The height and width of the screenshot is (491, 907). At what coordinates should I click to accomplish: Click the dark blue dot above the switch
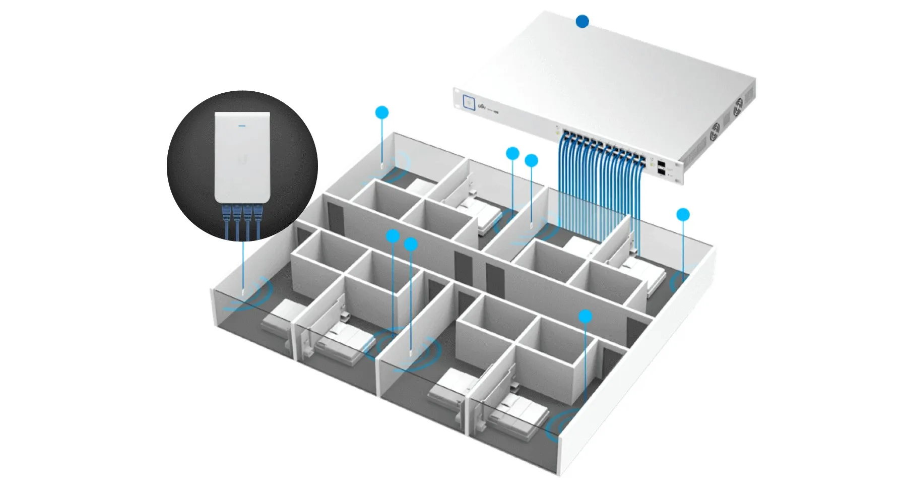tap(582, 21)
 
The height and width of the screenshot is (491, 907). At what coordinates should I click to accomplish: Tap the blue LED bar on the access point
tap(241, 121)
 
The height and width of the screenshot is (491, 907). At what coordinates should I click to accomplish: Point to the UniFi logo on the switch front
tap(482, 106)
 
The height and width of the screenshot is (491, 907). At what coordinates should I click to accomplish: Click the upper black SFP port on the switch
tap(661, 164)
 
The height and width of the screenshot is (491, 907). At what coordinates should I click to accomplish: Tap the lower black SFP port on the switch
tap(661, 171)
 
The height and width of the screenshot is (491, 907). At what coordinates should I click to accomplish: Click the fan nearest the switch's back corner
tap(738, 106)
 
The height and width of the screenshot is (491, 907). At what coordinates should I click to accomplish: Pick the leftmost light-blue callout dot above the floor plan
tap(382, 112)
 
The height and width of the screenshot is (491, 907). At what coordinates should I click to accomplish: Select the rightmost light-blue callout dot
tap(683, 215)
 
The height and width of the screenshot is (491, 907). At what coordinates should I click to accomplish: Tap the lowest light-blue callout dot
tap(585, 317)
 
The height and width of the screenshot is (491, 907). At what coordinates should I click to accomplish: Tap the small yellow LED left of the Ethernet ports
tap(557, 132)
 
